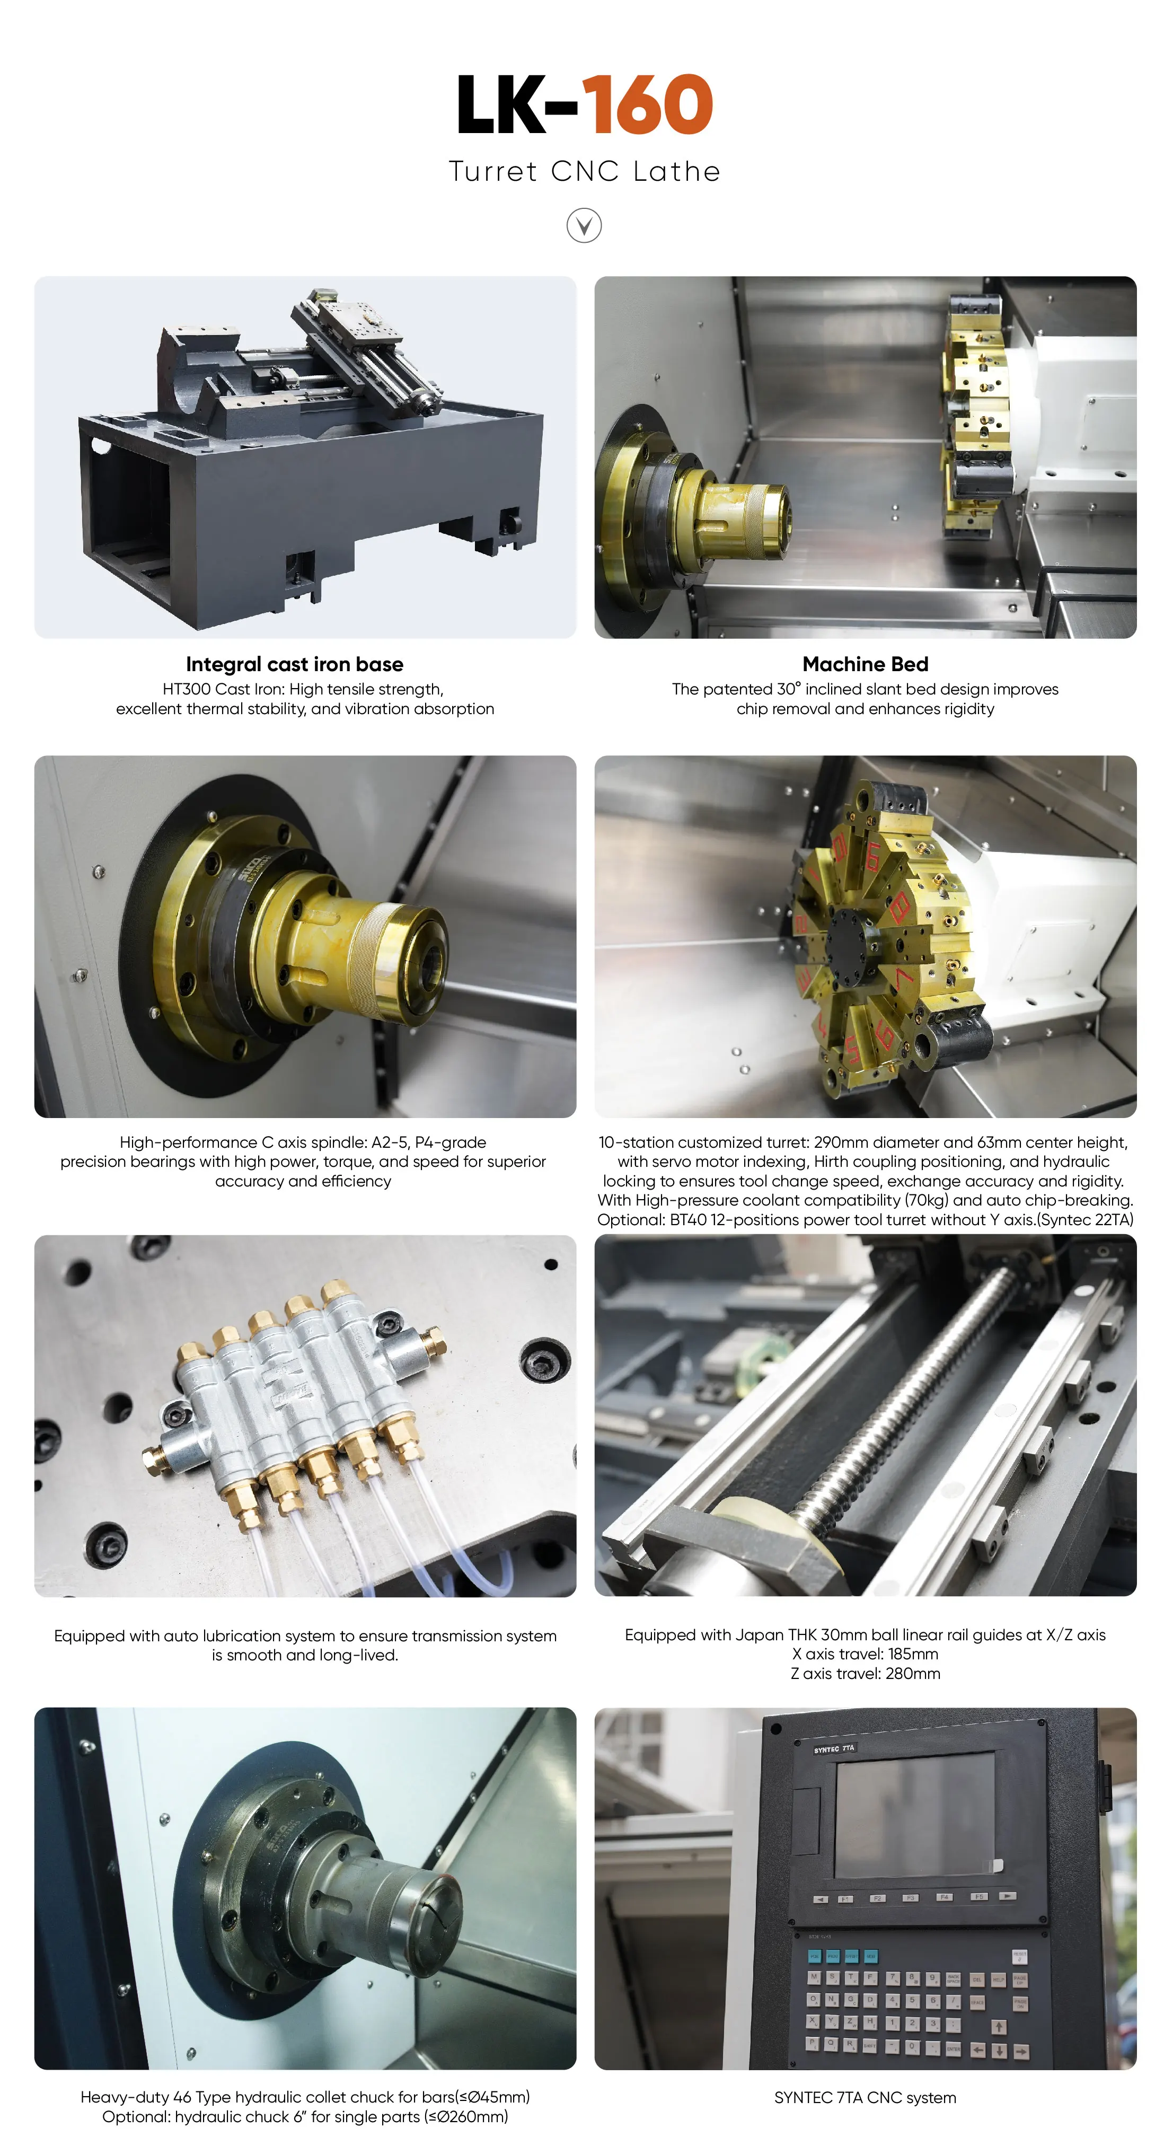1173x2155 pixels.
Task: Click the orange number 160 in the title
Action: pos(647,104)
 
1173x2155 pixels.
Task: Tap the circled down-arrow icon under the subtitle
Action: pos(584,226)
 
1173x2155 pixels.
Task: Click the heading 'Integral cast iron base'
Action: pos(295,664)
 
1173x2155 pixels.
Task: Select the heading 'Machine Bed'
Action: pos(865,664)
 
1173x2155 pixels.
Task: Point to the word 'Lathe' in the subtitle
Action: pos(677,171)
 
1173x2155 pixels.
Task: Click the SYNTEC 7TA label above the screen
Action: pos(834,1748)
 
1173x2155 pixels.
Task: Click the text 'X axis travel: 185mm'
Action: pos(865,1654)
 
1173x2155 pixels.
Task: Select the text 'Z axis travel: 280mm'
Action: pos(865,1673)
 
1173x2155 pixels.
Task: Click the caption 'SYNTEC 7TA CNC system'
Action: pos(865,2097)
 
